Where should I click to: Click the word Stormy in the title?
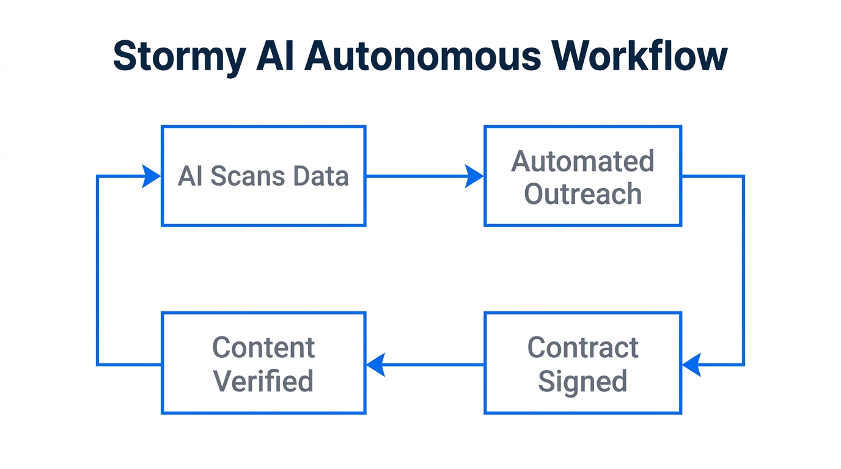point(179,57)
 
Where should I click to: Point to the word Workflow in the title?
point(640,56)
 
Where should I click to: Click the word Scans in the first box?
point(248,176)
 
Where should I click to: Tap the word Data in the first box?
point(320,176)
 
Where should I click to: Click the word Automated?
point(582,161)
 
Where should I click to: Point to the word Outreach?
point(582,194)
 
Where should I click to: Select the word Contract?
point(582,348)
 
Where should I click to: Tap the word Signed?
point(582,381)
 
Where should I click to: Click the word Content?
point(263,348)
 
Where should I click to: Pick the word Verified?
point(263,381)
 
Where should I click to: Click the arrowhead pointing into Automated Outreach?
point(474,176)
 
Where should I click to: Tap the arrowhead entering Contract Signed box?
point(691,365)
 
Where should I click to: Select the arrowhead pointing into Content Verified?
point(376,365)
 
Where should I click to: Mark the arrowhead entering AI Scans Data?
point(151,176)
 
